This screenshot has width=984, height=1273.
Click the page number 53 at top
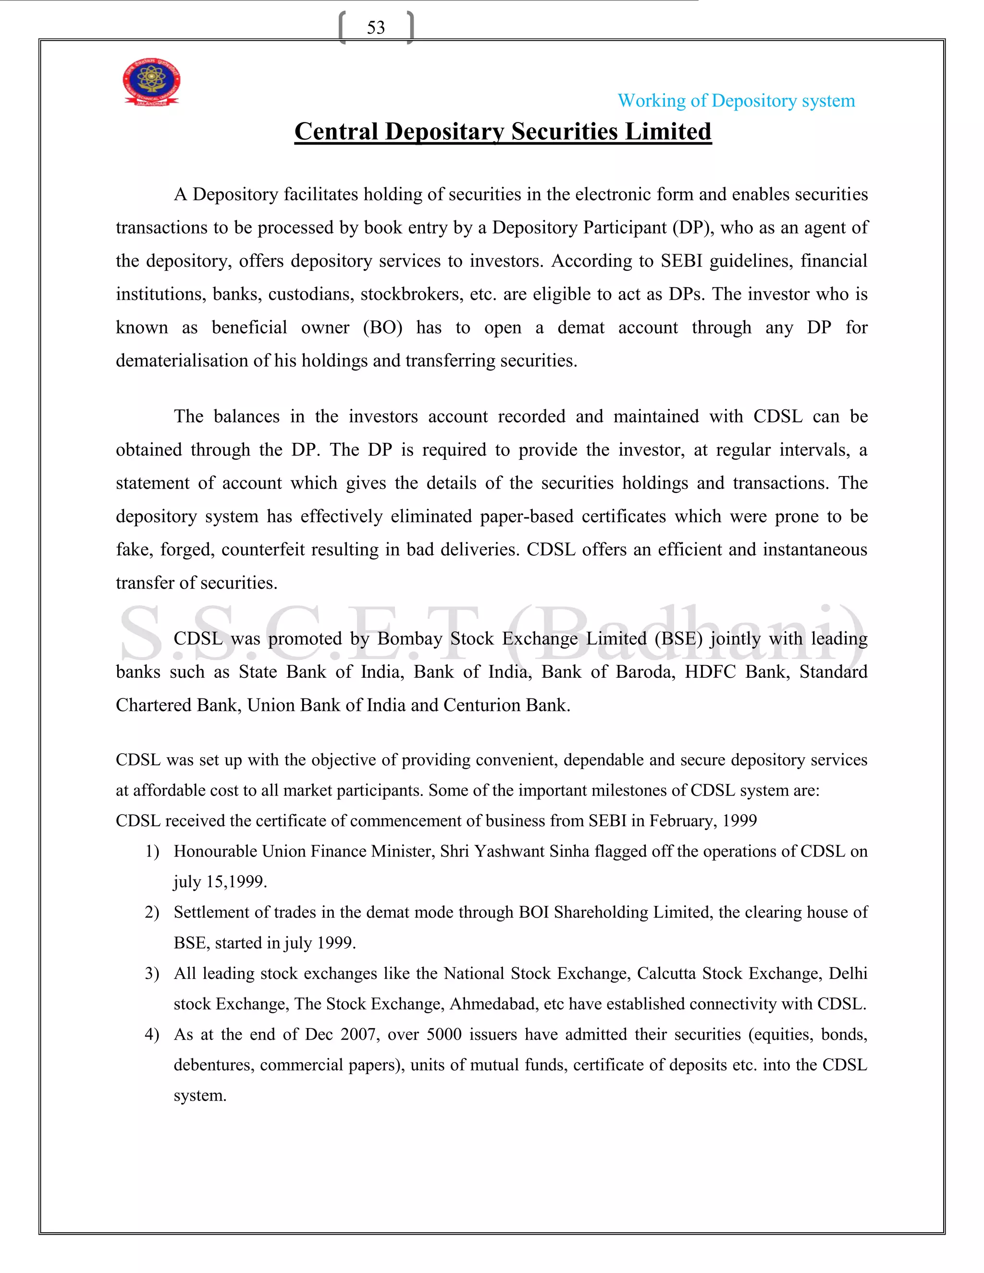376,27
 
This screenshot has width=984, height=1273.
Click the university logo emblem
151,82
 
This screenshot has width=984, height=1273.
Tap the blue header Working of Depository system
736,101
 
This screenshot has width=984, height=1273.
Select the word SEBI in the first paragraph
681,260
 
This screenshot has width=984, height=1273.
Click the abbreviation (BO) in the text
382,327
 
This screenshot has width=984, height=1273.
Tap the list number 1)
152,852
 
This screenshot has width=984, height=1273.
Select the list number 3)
152,973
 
